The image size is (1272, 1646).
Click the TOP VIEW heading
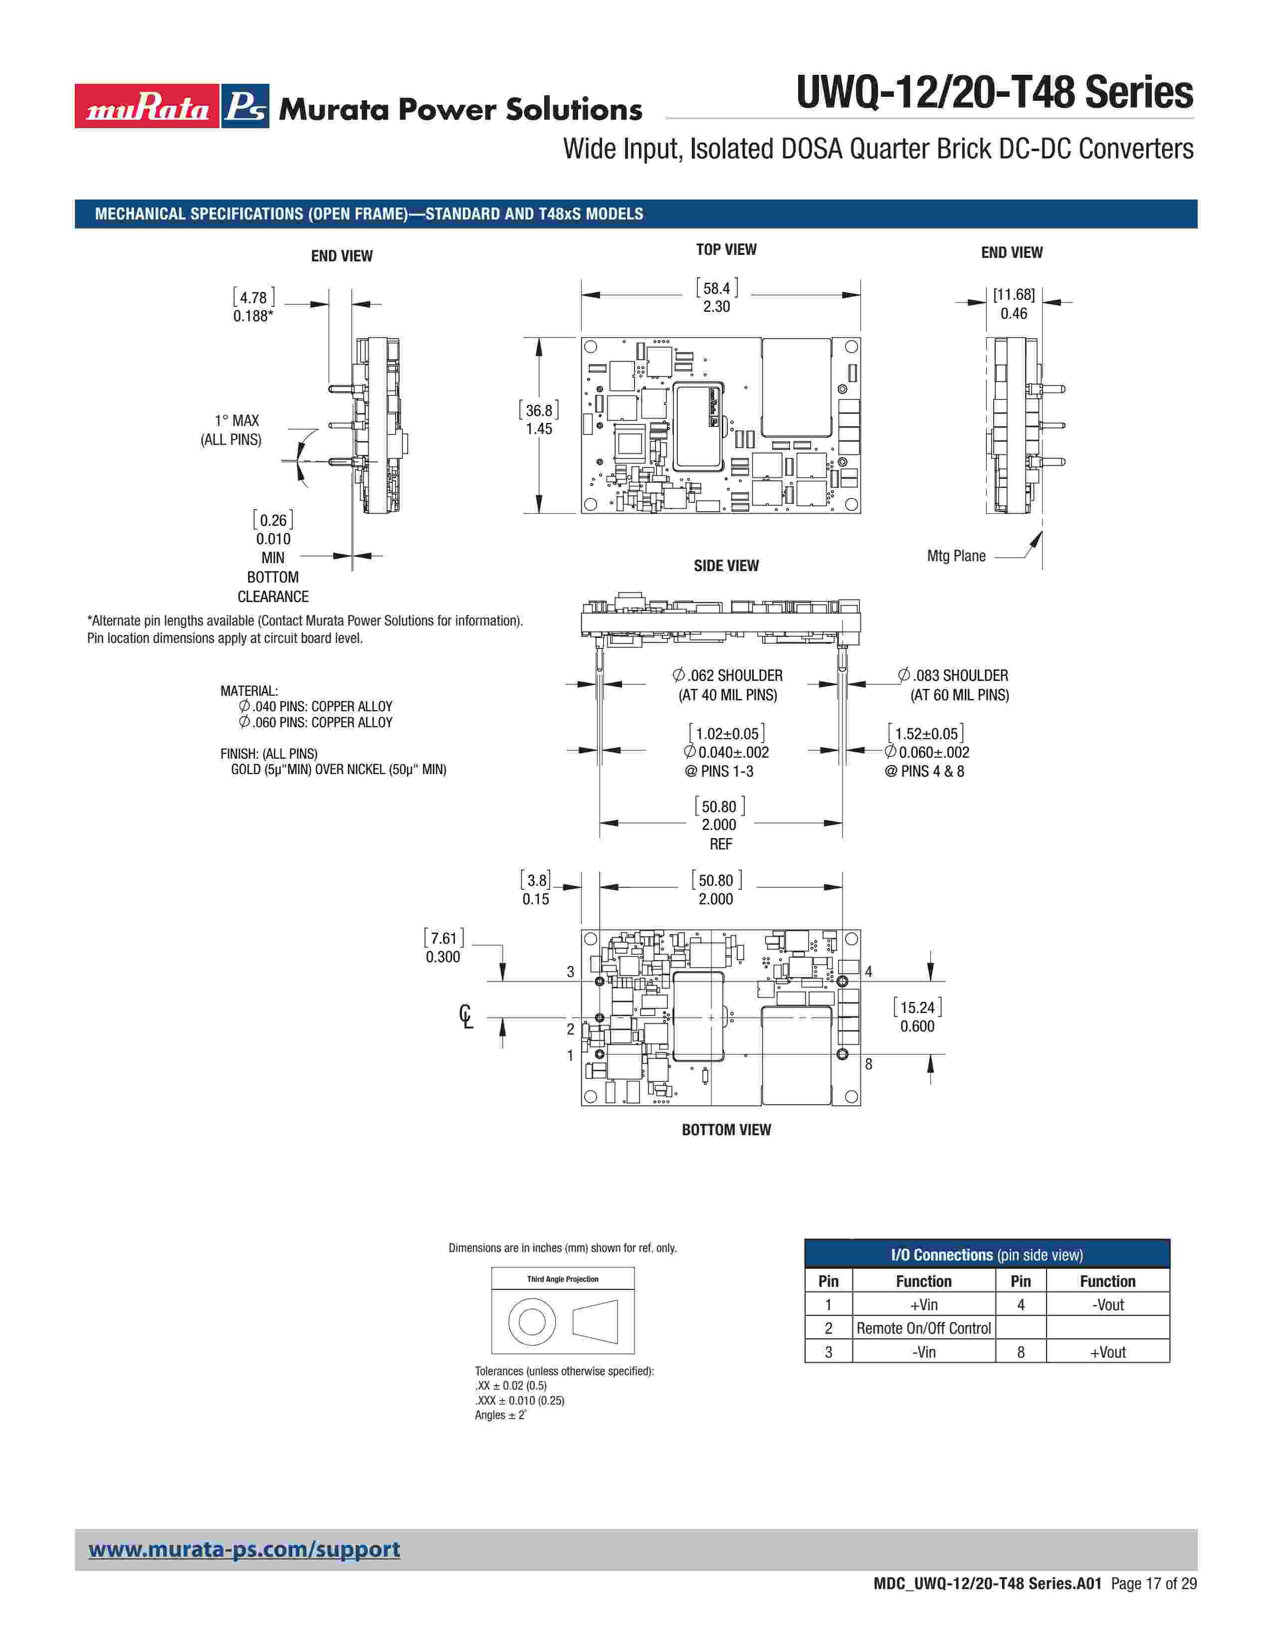(x=726, y=249)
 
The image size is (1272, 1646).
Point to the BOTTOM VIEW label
(x=726, y=1130)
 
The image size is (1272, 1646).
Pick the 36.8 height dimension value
(x=539, y=411)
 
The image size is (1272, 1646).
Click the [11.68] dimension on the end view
(x=1014, y=295)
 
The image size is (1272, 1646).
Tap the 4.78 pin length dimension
(x=253, y=298)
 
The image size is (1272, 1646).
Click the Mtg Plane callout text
(x=956, y=556)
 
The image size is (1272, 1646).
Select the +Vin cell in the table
(x=923, y=1305)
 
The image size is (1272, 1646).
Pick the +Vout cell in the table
(x=1107, y=1352)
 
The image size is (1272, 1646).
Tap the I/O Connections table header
(x=986, y=1255)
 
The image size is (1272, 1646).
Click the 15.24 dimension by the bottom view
(x=917, y=1008)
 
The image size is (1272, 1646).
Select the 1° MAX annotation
(x=236, y=420)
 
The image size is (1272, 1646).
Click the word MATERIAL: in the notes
(x=249, y=691)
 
